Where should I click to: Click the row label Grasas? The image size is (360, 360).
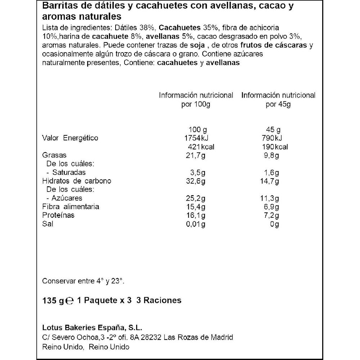click(54, 155)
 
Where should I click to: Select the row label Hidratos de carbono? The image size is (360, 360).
click(77, 181)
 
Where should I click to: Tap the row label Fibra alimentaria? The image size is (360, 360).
click(71, 207)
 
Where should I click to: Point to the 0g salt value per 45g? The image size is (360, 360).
click(275, 224)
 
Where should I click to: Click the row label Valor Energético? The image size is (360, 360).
click(70, 138)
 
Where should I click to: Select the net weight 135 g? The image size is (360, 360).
click(54, 300)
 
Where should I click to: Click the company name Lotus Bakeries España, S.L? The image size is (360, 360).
click(92, 328)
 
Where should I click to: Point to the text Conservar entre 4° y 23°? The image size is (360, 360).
click(84, 281)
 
